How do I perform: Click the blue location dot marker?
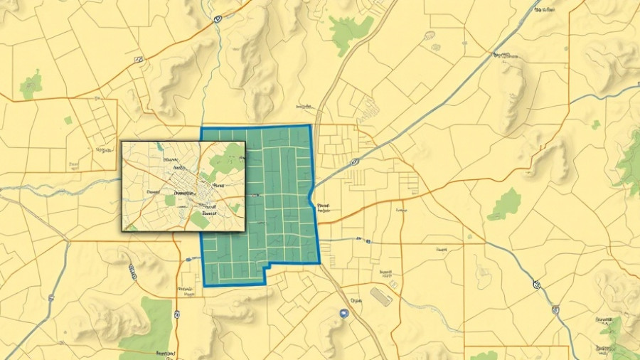(344, 313)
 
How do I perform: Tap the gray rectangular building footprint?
(380, 297)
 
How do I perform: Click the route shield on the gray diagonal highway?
(355, 162)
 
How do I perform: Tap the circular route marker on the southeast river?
(535, 285)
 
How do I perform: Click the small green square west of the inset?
(68, 120)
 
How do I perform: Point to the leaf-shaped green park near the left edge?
(31, 86)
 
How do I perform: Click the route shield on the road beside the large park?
(176, 313)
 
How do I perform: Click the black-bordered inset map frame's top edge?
(183, 142)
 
